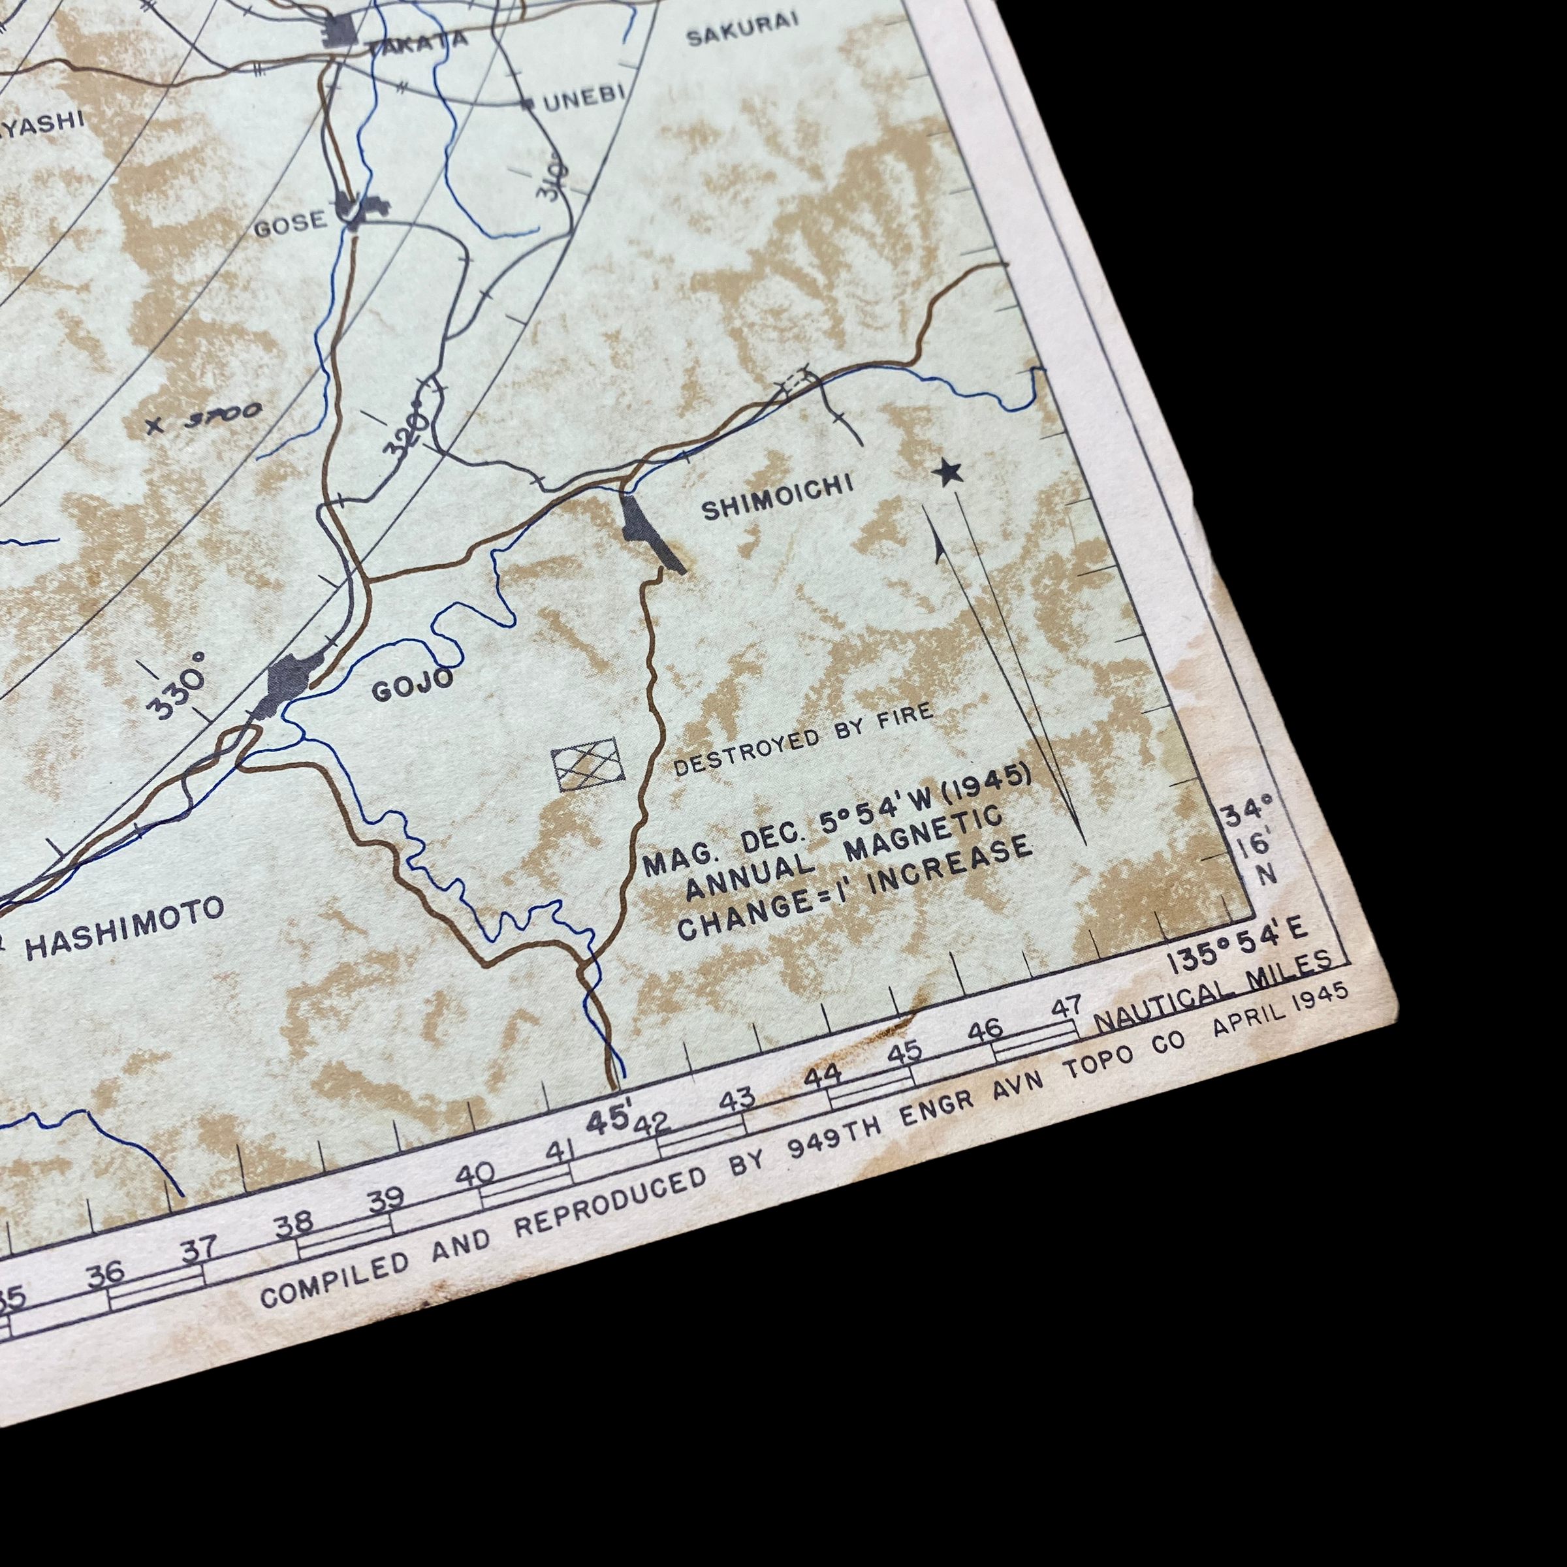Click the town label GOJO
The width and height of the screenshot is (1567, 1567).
click(x=412, y=686)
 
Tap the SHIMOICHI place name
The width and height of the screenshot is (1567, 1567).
click(x=777, y=497)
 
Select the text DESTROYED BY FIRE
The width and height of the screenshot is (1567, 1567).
click(x=803, y=740)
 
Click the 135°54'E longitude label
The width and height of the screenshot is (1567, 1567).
click(x=1236, y=945)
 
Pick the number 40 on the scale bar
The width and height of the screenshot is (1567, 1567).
click(x=475, y=1175)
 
